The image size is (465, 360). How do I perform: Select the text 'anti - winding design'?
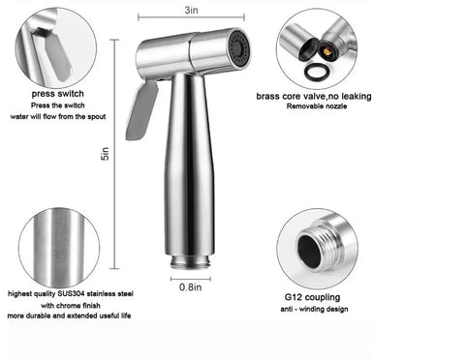tap(316, 312)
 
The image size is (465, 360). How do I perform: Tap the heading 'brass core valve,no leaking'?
tap(317, 95)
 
